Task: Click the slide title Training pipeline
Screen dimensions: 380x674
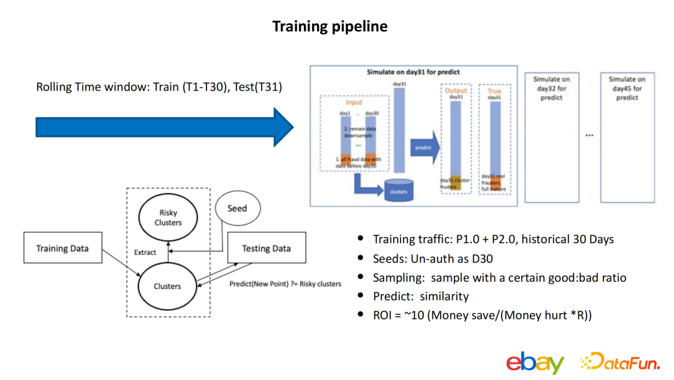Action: tap(330, 26)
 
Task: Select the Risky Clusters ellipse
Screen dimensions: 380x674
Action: tap(168, 217)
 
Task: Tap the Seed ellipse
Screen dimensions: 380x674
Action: tap(237, 208)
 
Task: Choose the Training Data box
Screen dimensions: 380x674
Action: tap(62, 248)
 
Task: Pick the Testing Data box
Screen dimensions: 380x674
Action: tap(266, 248)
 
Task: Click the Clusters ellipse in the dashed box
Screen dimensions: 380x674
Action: tap(167, 286)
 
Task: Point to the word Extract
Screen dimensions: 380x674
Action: tap(145, 252)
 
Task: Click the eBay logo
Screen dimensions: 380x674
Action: tap(535, 362)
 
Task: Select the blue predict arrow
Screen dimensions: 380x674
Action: tap(425, 148)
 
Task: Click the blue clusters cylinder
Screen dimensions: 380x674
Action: tap(399, 191)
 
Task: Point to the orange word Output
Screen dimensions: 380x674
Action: tap(456, 91)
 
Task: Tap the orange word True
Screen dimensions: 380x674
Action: tap(494, 91)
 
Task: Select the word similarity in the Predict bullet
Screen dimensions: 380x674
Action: tap(444, 296)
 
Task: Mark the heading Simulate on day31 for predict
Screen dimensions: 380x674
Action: tap(413, 72)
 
